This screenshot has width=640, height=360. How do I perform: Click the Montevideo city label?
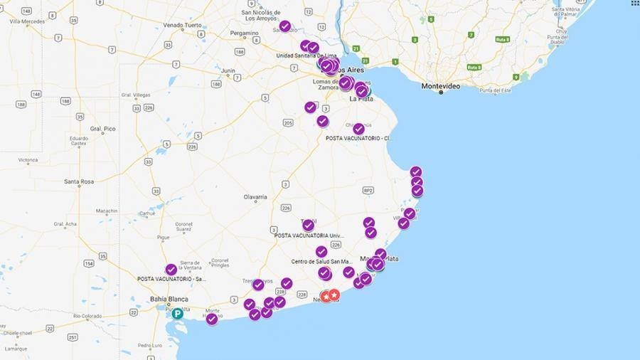440,86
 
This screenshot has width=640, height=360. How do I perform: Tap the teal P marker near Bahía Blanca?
177,313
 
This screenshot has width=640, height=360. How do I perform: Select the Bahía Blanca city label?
168,300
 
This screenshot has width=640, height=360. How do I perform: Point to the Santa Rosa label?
79,181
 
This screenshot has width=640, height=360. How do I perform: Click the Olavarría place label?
255,196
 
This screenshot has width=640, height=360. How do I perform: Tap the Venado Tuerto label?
182,25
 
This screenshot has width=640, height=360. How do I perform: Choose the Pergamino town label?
244,33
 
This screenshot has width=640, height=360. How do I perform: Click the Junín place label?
228,70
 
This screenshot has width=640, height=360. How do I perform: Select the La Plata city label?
361,99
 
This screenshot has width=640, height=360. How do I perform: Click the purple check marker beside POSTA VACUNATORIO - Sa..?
171,270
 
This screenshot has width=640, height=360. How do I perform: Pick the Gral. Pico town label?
102,129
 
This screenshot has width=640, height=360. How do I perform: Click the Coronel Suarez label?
183,227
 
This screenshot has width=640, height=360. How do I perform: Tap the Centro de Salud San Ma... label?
321,262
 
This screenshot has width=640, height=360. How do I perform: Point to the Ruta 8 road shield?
474,67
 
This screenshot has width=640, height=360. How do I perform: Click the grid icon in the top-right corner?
634,4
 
